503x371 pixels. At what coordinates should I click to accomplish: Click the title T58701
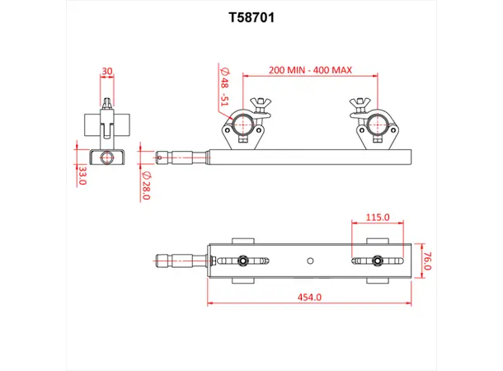(251, 16)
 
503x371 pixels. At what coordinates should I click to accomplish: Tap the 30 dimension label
(107, 72)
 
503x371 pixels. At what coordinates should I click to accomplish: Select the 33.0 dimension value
(82, 175)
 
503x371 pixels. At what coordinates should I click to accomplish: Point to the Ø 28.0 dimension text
(146, 185)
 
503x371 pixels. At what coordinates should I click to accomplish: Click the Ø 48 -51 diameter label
(222, 88)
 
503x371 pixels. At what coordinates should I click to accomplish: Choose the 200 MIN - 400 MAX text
(309, 70)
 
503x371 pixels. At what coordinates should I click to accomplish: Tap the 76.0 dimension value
(426, 262)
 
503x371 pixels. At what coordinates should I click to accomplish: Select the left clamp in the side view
(243, 126)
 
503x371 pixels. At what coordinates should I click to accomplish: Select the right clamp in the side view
(377, 126)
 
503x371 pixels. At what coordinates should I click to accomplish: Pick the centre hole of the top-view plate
(309, 262)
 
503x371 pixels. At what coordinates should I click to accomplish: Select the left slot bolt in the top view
(243, 262)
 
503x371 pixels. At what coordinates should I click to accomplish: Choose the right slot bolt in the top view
(376, 262)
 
